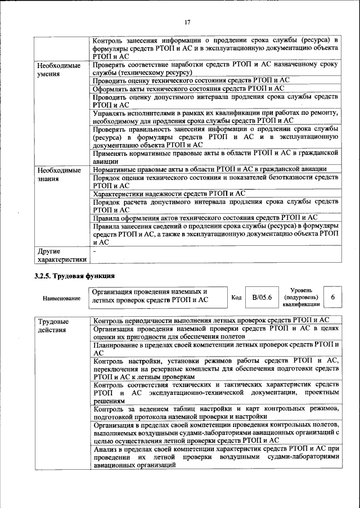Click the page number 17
point(187,22)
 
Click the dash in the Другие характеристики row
point(95,251)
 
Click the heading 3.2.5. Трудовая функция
point(74,276)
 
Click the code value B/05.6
point(262,297)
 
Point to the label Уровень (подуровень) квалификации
point(301,296)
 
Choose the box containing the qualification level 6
point(332,297)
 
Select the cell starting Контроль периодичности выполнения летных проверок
point(214,320)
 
